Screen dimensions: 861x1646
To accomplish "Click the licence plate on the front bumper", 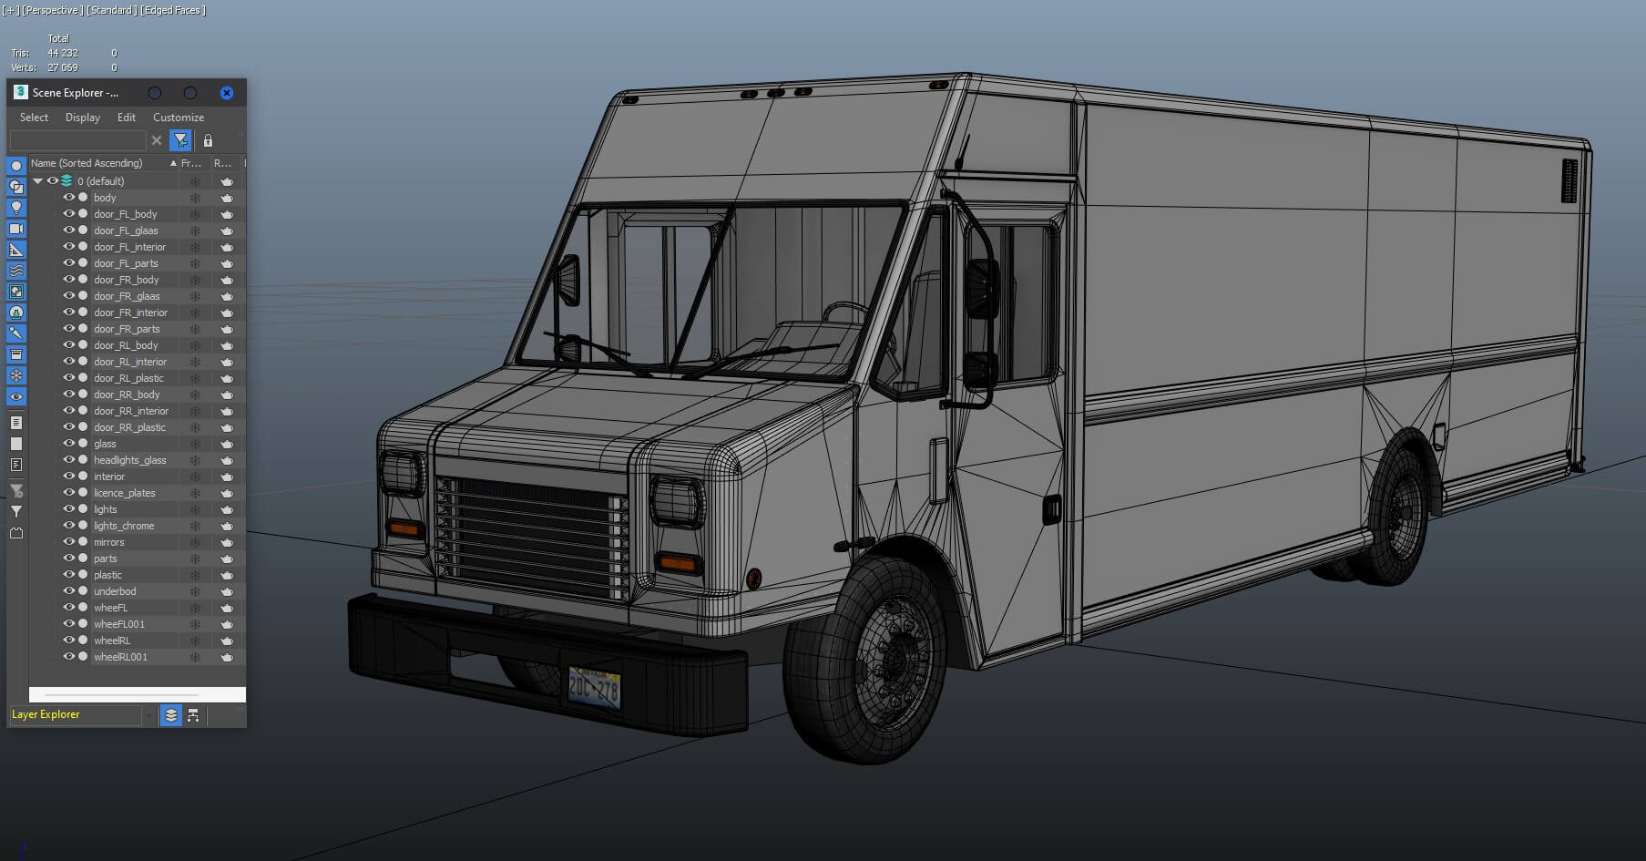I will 594,687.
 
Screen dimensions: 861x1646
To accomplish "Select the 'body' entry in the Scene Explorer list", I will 105,198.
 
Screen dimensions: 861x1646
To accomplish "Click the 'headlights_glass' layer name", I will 129,460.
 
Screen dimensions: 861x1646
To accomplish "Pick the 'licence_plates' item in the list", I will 124,493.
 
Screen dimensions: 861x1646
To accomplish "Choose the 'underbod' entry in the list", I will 115,591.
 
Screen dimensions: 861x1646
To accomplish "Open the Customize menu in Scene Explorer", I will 178,118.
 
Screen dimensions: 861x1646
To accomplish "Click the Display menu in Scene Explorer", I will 82,118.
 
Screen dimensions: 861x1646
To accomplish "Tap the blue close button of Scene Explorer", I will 227,93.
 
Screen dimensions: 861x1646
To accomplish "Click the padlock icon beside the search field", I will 208,140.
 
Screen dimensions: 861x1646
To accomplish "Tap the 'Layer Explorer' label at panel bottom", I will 46,714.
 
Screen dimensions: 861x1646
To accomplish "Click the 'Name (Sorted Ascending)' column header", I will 87,163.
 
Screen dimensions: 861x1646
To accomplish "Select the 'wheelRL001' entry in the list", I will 120,657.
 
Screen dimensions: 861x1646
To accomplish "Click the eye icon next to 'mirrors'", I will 68,542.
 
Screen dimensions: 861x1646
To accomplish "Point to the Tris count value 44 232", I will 63,53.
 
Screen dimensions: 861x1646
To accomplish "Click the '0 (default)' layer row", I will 100,181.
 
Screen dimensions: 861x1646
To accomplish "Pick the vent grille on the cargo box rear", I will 1569,180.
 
